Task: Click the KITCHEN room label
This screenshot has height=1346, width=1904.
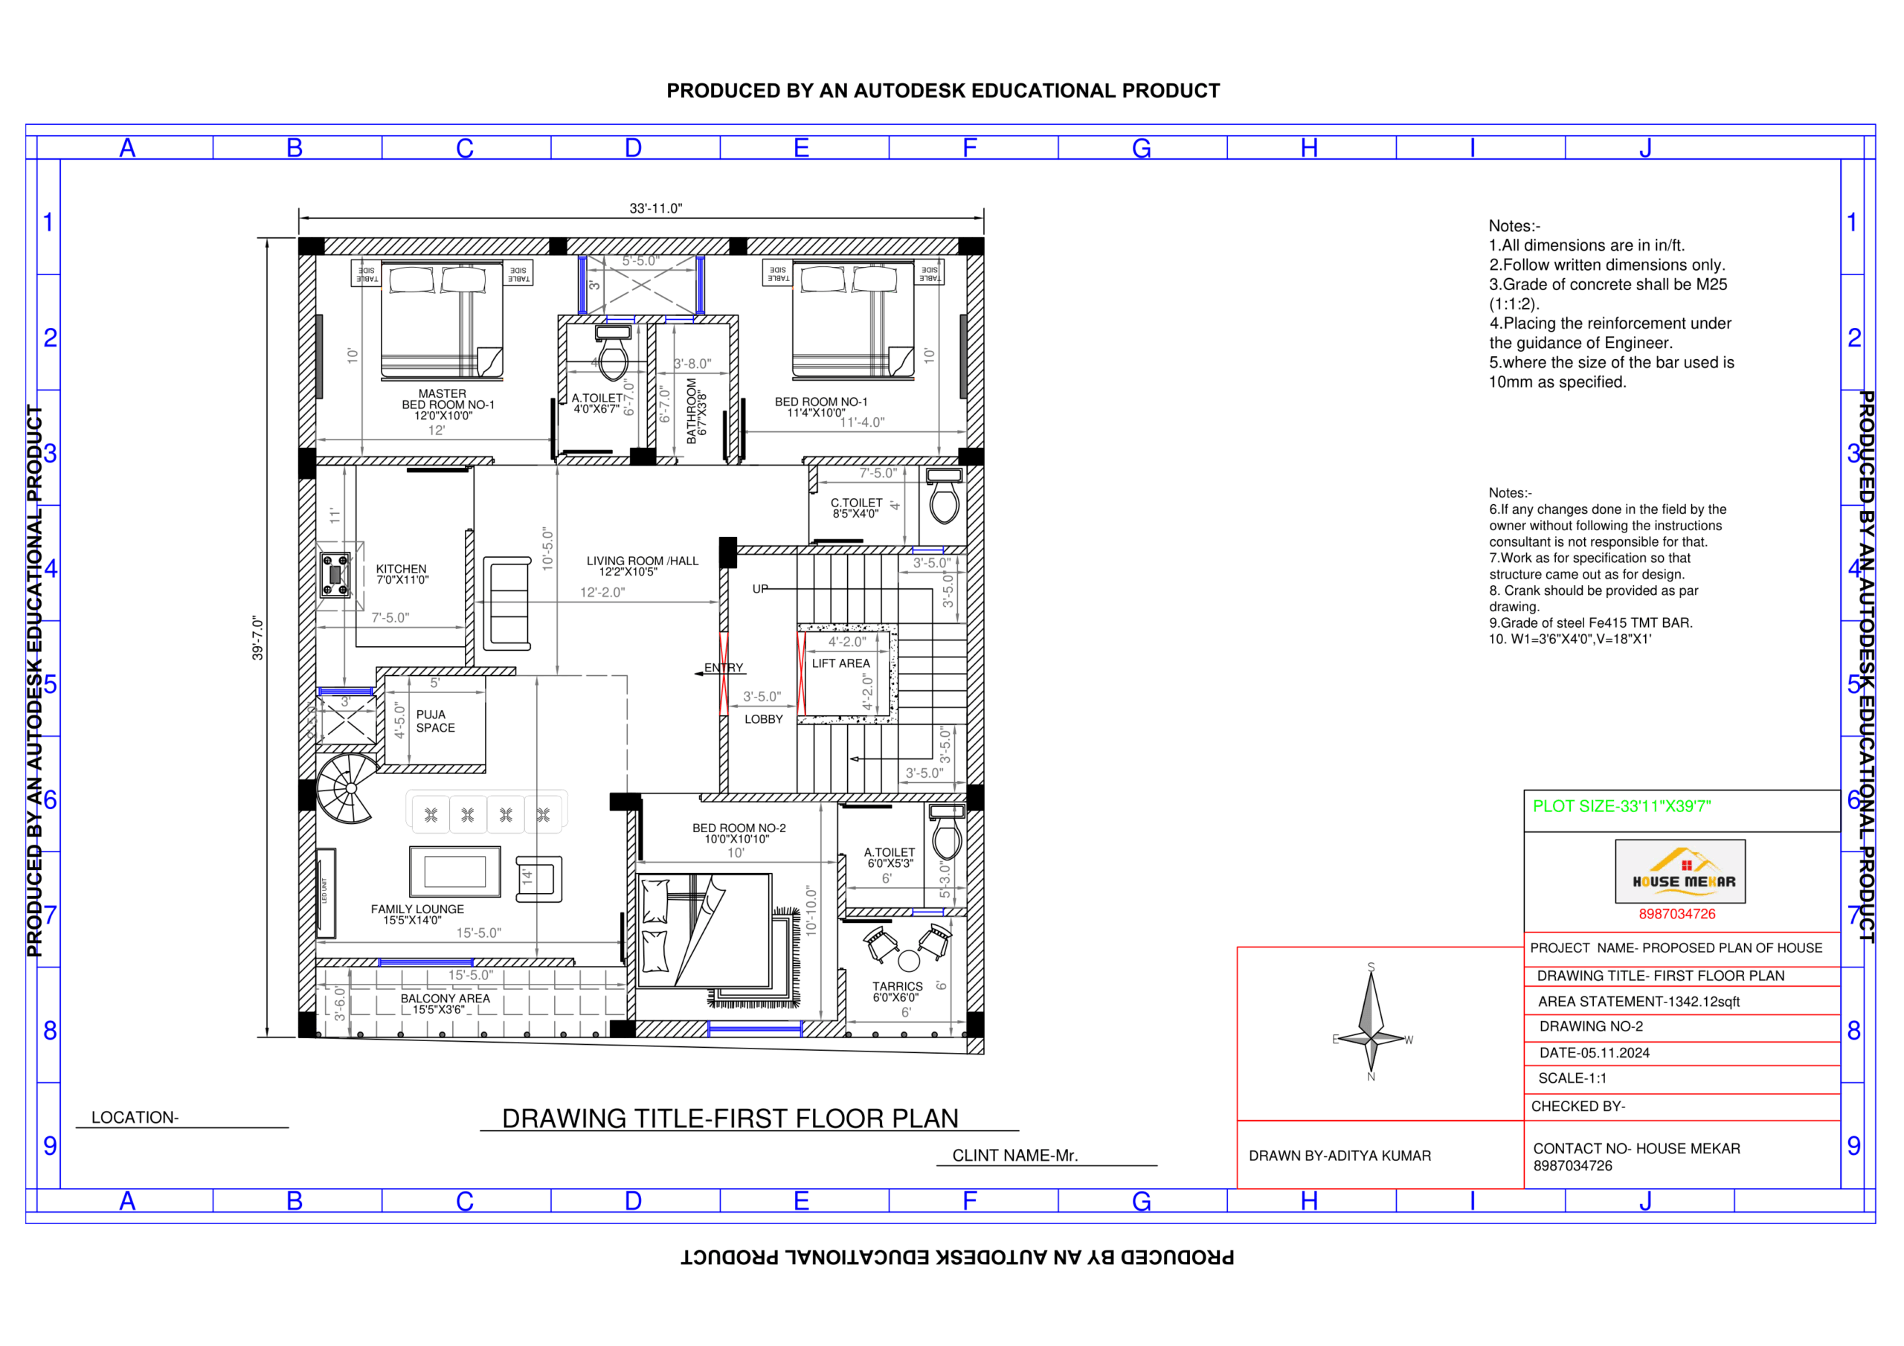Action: tap(402, 570)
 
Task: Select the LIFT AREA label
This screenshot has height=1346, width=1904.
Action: tap(841, 663)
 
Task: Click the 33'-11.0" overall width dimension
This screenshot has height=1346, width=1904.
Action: tap(655, 208)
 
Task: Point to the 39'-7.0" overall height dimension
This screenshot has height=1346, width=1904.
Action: tap(258, 638)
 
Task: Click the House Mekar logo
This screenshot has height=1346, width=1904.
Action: tap(1680, 872)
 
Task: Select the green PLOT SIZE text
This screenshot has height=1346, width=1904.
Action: tap(1621, 806)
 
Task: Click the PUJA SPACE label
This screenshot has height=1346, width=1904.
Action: tap(435, 721)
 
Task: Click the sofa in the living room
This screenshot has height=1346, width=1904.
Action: tap(506, 603)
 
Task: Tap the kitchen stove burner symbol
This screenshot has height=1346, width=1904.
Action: tap(335, 575)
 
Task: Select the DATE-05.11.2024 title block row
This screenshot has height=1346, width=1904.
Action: tap(1594, 1053)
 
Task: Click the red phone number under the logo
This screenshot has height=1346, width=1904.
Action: tap(1676, 914)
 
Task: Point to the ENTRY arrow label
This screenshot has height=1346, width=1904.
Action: tap(723, 669)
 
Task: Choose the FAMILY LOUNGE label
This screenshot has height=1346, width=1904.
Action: tap(417, 909)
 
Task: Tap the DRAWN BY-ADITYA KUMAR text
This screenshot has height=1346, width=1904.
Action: tap(1339, 1156)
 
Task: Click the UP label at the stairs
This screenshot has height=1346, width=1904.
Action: tap(760, 589)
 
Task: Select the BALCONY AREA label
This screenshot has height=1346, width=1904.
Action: tap(446, 999)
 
